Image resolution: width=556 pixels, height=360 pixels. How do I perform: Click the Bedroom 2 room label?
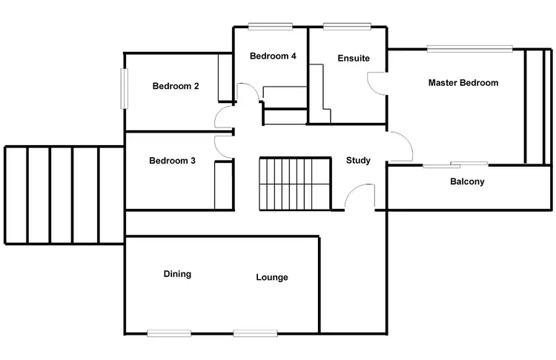176,86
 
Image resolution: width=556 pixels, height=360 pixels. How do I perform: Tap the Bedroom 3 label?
172,161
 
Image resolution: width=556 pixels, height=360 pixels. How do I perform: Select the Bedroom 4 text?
273,56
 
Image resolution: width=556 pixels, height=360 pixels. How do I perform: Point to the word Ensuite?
353,59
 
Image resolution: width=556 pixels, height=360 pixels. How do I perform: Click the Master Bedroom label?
463,83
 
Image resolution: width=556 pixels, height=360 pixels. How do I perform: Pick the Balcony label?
467,181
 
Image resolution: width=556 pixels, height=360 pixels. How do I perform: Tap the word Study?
358,161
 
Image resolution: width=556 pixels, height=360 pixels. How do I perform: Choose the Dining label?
177,274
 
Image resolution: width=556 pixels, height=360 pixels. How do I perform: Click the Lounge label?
272,278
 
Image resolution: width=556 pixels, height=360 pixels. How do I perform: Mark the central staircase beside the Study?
294,182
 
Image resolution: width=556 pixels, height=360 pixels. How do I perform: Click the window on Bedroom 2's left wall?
125,89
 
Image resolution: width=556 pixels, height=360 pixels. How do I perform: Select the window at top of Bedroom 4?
270,27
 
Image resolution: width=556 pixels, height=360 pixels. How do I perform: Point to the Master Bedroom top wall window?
469,50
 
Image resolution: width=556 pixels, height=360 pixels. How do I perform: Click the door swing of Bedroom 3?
222,145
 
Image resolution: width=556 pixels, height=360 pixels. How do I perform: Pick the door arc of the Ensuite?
377,81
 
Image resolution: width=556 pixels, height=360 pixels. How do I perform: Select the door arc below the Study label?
360,197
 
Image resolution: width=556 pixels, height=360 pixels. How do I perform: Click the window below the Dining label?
169,333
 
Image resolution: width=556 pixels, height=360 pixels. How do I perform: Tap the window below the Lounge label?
256,333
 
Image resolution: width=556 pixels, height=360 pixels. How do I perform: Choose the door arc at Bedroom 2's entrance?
222,117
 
